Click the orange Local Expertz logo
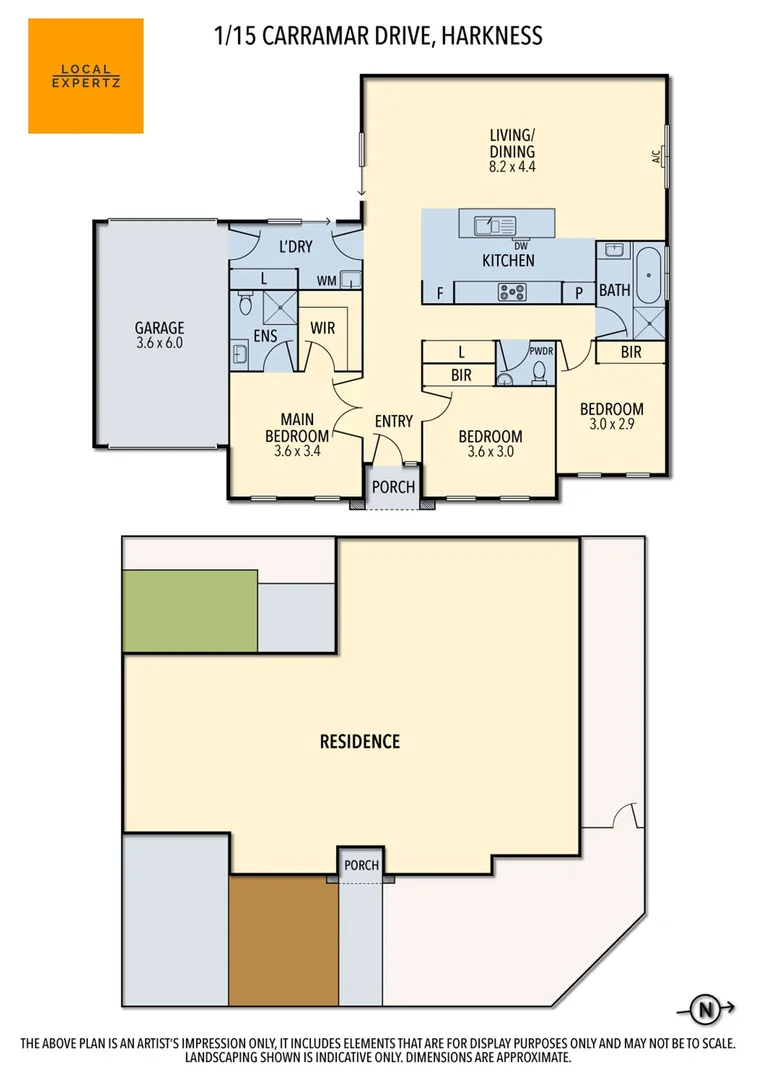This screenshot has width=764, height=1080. [x=85, y=76]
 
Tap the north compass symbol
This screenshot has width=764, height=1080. [x=707, y=1009]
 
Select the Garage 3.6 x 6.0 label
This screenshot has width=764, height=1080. [x=160, y=334]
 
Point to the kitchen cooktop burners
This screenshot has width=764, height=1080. [x=513, y=292]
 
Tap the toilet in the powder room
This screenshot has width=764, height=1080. [x=539, y=372]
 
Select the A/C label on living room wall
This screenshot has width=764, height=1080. [x=656, y=156]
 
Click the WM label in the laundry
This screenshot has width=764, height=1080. [x=326, y=280]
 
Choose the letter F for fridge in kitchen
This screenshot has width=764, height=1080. [x=438, y=293]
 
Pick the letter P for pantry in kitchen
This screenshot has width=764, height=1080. [x=578, y=293]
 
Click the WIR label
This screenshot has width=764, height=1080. [x=322, y=327]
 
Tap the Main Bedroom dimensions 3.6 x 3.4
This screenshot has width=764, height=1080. [x=297, y=451]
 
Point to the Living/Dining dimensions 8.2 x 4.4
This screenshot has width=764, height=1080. [x=512, y=167]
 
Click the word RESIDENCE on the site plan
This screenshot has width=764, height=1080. [x=360, y=741]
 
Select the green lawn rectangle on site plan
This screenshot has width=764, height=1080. [x=190, y=610]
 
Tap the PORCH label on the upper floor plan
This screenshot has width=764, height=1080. [x=392, y=487]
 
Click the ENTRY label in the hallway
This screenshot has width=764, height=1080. [x=393, y=421]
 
